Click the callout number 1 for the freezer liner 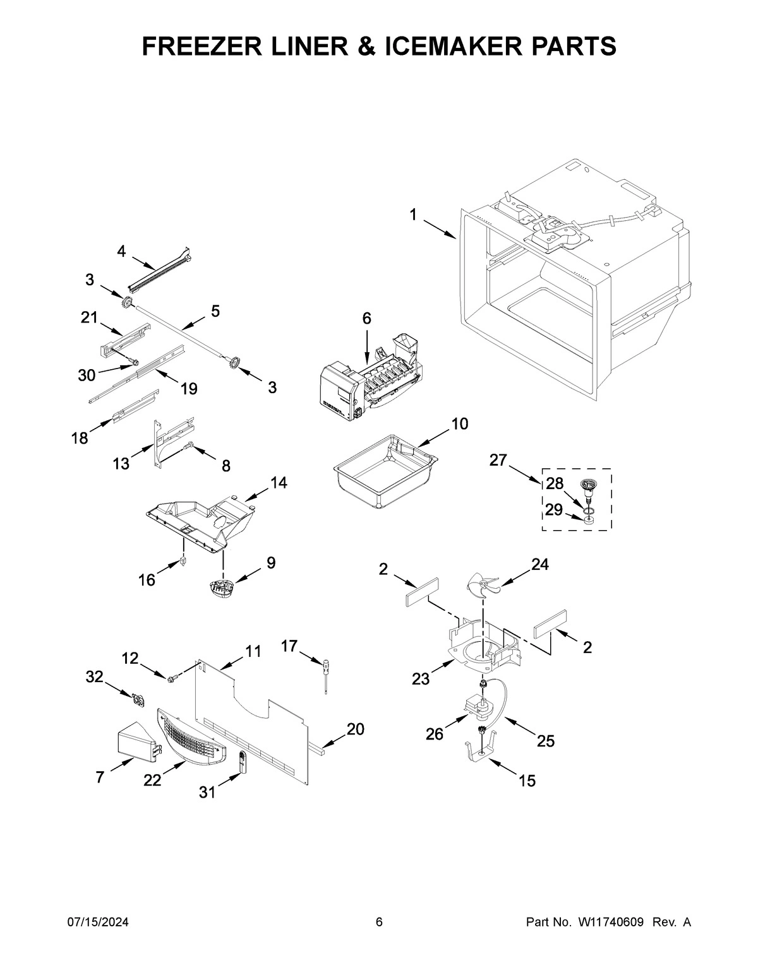(x=412, y=215)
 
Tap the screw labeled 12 (x=171, y=678)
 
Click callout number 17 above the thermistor (x=289, y=646)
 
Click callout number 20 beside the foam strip (x=355, y=729)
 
